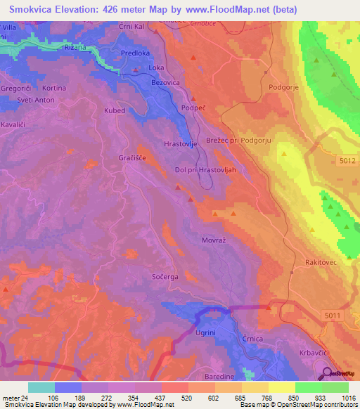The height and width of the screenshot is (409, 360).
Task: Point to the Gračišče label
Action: click(x=132, y=158)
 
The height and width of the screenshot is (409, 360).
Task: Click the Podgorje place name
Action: click(x=285, y=88)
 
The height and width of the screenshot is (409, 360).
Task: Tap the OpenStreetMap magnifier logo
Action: click(x=328, y=373)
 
